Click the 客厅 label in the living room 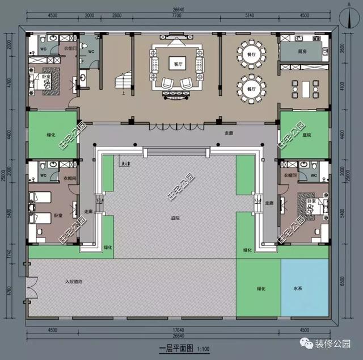[x=178, y=64]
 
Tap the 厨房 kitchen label [x=302, y=51]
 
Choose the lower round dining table [x=252, y=89]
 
